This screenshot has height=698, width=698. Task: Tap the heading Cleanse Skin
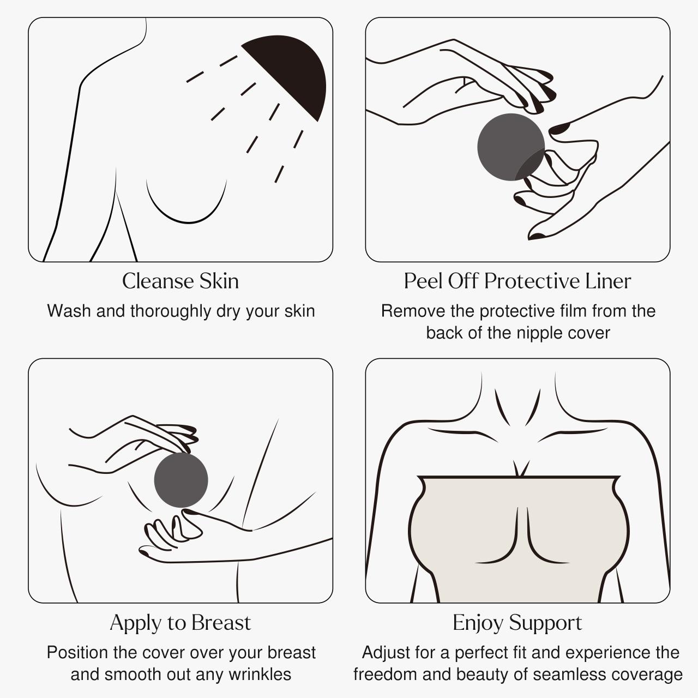pyautogui.click(x=180, y=281)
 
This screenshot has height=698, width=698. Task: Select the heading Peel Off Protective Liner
pyautogui.click(x=517, y=281)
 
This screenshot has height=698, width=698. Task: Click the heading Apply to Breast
pyautogui.click(x=180, y=623)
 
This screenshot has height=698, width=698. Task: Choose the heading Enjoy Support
pyautogui.click(x=517, y=623)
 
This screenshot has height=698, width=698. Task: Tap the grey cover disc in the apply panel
pyautogui.click(x=181, y=480)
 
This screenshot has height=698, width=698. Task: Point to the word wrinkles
pyautogui.click(x=260, y=675)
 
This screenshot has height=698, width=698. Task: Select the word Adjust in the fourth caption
pyautogui.click(x=386, y=653)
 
